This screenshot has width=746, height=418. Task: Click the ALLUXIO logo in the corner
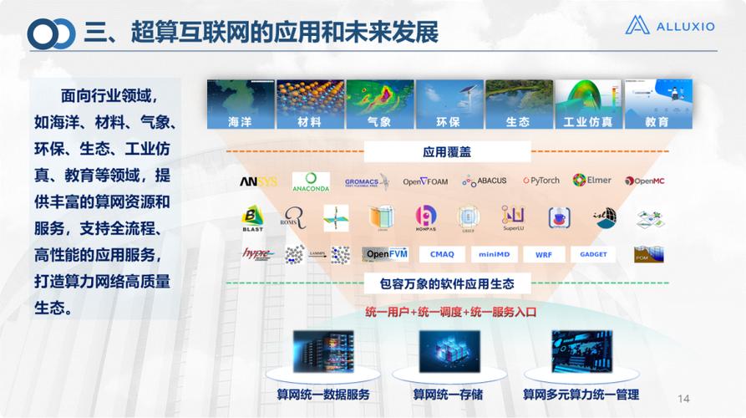669,26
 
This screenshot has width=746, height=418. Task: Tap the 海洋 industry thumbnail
240,104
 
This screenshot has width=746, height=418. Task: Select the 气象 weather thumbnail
379,104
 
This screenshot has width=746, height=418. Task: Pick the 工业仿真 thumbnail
588,104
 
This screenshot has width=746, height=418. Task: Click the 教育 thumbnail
657,104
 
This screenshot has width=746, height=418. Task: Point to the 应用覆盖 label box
447,152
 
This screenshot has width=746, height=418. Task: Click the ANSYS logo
258,181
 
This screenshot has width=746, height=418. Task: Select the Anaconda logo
311,181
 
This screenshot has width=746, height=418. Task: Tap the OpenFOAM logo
425,181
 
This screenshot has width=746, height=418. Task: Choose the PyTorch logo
541,181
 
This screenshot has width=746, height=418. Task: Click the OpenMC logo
644,181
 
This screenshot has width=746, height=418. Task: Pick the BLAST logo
252,218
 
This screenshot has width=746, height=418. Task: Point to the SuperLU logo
513,218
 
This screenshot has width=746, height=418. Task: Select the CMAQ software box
442,254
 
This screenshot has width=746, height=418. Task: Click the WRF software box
544,254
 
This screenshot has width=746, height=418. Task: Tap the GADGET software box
593,254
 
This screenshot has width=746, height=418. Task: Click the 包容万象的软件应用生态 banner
447,284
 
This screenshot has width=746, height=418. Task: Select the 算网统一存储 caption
448,395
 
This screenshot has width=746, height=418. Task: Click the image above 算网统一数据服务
322,352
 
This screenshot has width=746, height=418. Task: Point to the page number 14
683,398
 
